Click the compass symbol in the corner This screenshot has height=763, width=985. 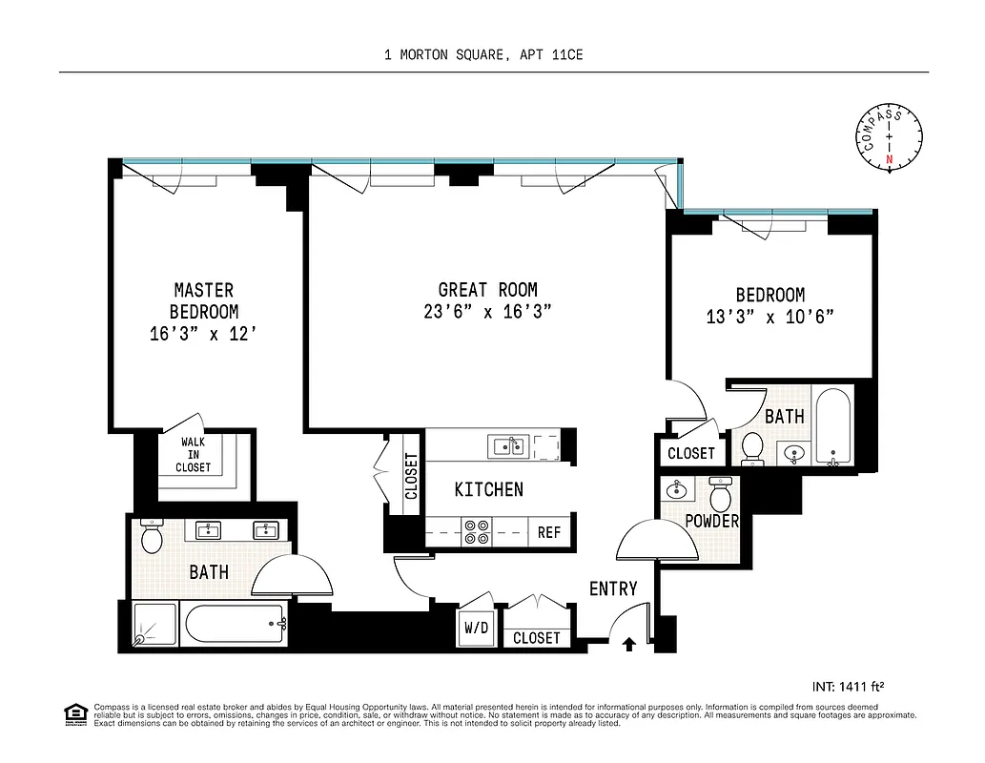(x=890, y=137)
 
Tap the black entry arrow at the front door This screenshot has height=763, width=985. (x=628, y=645)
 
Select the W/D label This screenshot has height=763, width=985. (x=477, y=629)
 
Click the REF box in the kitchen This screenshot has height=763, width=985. (x=549, y=533)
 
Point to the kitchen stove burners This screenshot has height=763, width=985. (x=477, y=532)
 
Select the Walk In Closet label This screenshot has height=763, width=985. (x=194, y=455)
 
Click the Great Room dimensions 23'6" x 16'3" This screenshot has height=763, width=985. (x=487, y=312)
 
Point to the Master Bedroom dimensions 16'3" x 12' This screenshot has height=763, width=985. (x=204, y=334)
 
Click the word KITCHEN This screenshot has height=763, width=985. (x=488, y=490)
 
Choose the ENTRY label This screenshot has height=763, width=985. (x=612, y=588)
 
